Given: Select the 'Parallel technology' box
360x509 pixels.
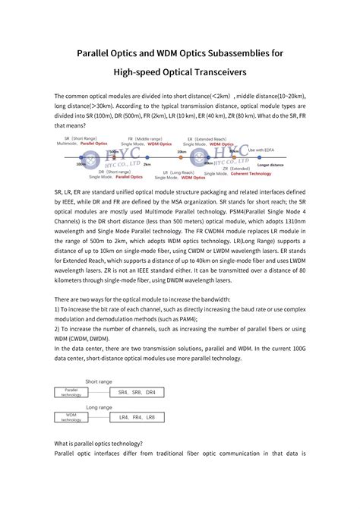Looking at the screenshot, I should (x=71, y=392).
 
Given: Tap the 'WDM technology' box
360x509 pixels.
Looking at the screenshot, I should (x=71, y=417).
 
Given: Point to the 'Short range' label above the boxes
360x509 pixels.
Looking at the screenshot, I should (x=99, y=381).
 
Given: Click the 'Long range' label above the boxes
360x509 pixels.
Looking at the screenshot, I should (x=99, y=406).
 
